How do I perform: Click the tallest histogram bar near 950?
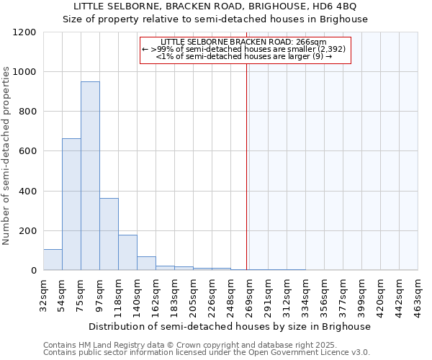(x=90, y=176)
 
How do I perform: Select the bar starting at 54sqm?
(x=71, y=204)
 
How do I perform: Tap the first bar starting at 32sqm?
(x=53, y=260)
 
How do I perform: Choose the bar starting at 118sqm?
(x=127, y=253)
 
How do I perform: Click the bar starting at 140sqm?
(x=146, y=264)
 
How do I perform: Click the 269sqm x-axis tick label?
(x=249, y=293)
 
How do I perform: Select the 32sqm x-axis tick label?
(x=43, y=293)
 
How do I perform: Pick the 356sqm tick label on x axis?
(x=324, y=293)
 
